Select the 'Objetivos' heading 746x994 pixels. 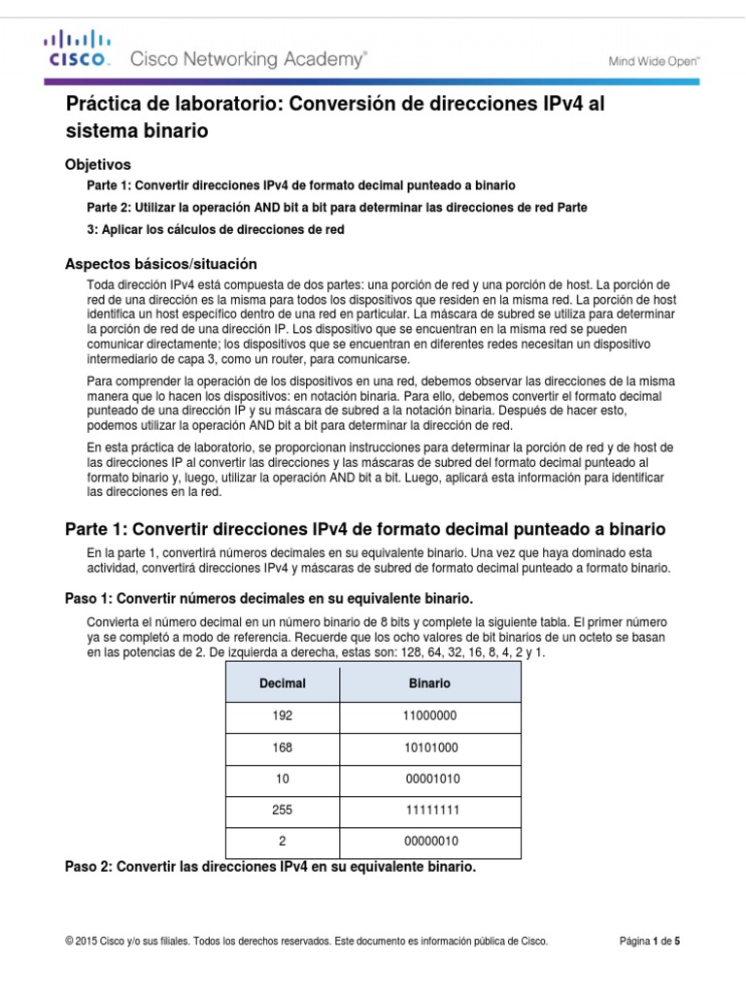(x=97, y=164)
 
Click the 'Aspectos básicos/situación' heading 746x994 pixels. (x=159, y=263)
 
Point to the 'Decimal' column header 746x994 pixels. (x=283, y=683)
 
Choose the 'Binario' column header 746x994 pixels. (x=429, y=683)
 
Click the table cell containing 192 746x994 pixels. (x=283, y=715)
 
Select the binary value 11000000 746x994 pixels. (x=429, y=715)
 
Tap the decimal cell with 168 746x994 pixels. (x=283, y=748)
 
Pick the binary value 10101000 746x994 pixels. (x=429, y=748)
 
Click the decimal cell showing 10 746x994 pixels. (x=283, y=780)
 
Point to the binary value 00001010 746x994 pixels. (x=429, y=780)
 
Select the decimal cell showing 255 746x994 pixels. (x=283, y=812)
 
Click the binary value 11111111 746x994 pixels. (x=429, y=812)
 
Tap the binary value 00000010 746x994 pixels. (x=429, y=842)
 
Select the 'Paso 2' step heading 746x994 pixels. (x=270, y=866)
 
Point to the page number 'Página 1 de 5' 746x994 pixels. (x=656, y=941)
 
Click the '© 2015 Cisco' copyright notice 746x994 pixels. (x=306, y=941)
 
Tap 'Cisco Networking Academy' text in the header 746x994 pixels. (x=249, y=60)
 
